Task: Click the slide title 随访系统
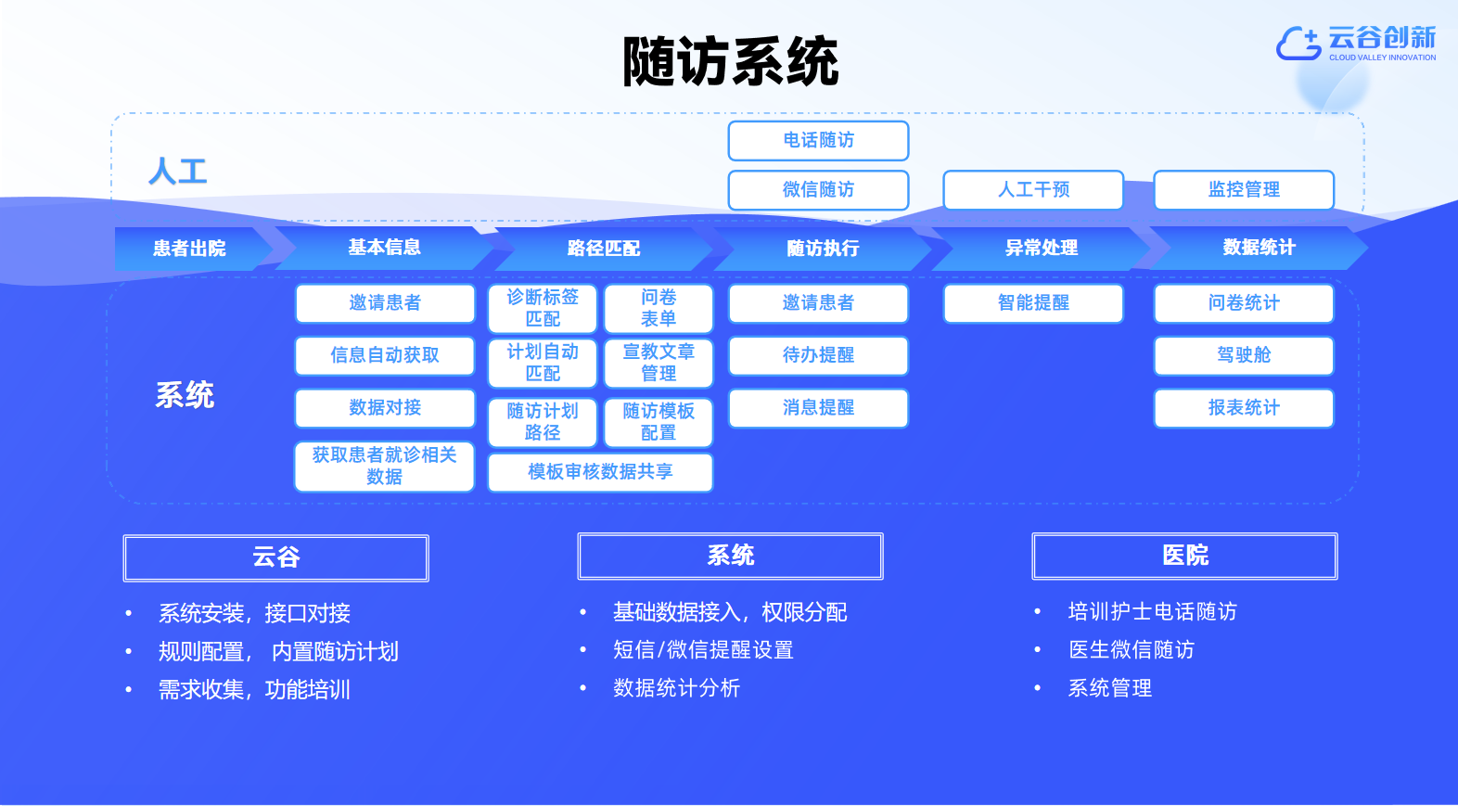[730, 61]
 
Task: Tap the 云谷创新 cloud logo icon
[1298, 43]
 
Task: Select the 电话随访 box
[818, 140]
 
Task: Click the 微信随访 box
[818, 189]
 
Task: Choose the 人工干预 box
[1033, 189]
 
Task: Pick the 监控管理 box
[1244, 189]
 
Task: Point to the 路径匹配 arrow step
[604, 248]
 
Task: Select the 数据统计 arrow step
[1259, 248]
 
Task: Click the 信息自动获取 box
[385, 355]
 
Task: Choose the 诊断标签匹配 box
[543, 308]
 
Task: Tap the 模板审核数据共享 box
[600, 471]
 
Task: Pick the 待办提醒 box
[818, 355]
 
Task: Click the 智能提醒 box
[1033, 302]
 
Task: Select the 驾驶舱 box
[1244, 355]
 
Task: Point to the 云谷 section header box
[276, 557]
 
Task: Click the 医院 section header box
[1184, 556]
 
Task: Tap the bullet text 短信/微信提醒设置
[703, 650]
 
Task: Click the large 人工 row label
[178, 172]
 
